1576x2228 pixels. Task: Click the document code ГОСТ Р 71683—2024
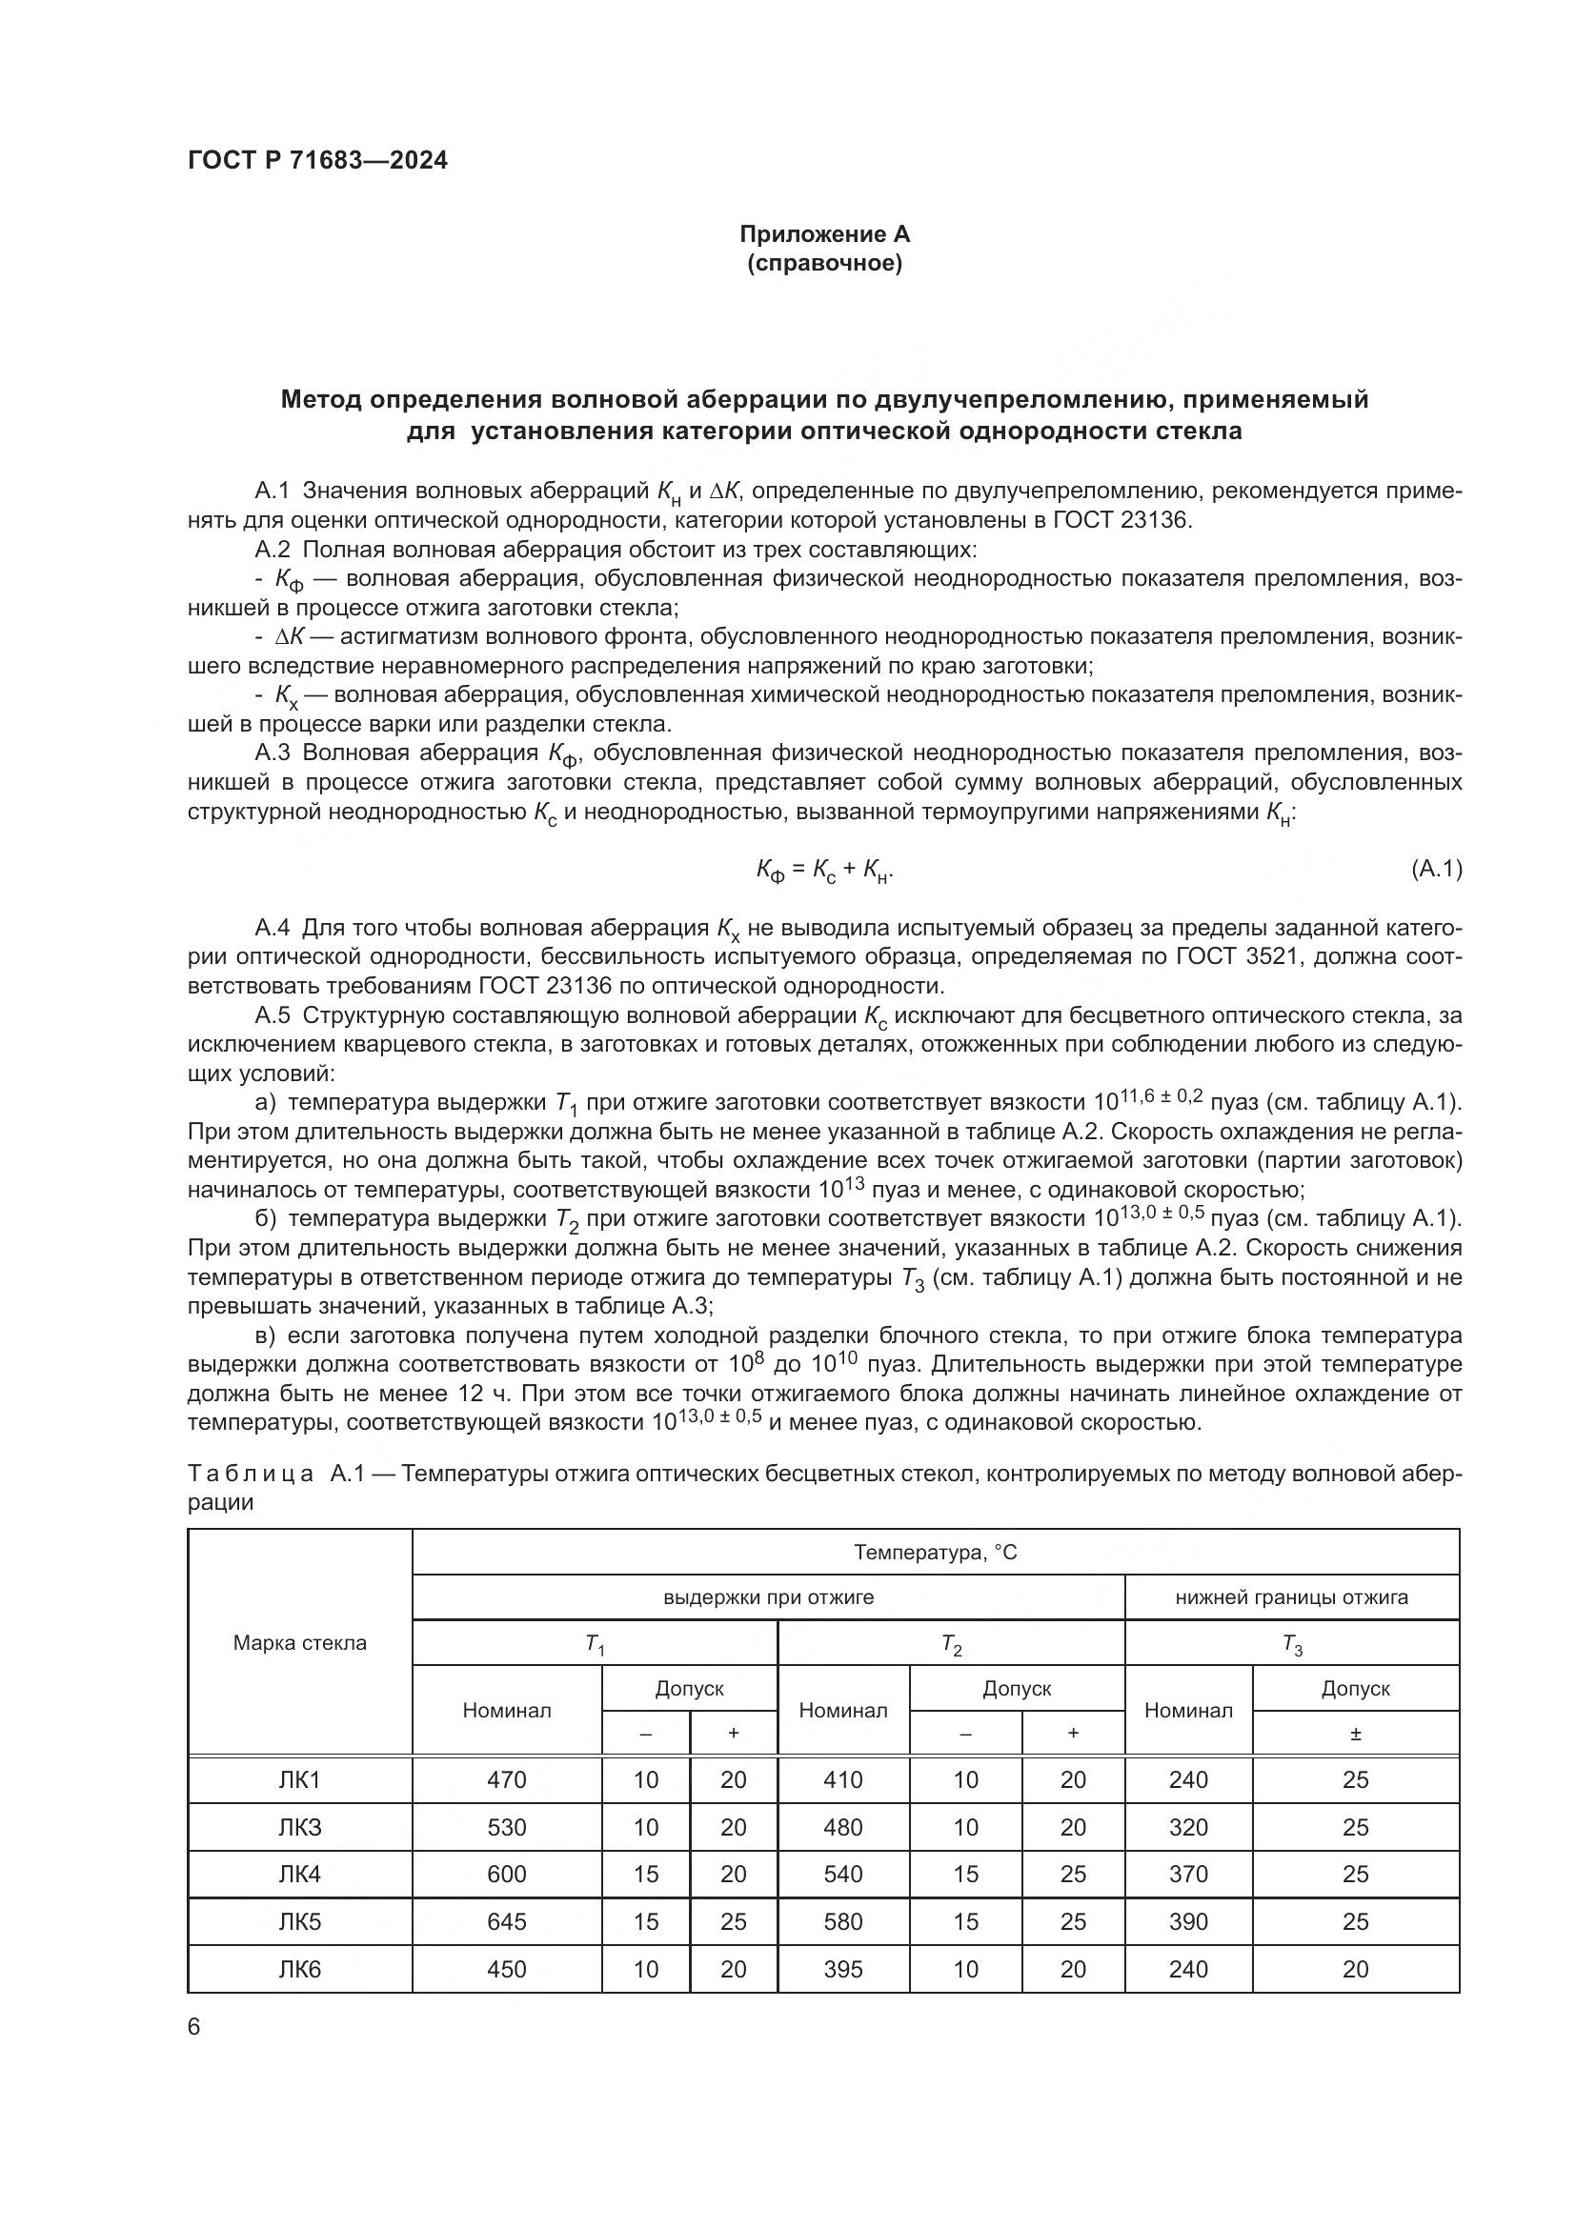317,161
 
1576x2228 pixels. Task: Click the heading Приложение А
824,234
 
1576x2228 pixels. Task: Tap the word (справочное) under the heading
824,263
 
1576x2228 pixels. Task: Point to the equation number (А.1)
1435,870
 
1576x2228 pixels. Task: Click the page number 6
194,2027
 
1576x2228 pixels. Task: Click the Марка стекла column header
300,1643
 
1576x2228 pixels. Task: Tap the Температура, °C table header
935,1553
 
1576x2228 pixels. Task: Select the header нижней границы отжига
1291,1597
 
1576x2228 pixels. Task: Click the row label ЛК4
300,1874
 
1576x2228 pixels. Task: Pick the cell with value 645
507,1921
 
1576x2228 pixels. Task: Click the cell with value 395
842,1969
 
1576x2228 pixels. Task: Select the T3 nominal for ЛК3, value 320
1188,1827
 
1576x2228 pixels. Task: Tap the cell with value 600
507,1874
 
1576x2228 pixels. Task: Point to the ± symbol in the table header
1355,1734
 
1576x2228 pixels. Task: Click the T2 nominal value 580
842,1921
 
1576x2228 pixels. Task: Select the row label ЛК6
300,1969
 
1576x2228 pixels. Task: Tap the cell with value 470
507,1779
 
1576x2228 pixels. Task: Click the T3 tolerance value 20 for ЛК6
1355,1969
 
